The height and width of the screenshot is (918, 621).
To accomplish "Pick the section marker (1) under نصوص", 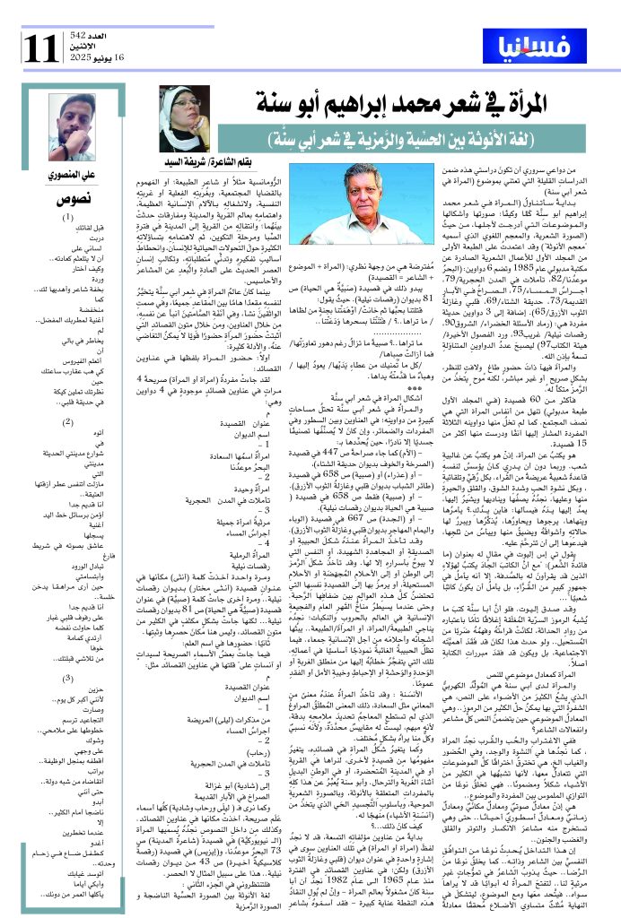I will coord(68,216).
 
